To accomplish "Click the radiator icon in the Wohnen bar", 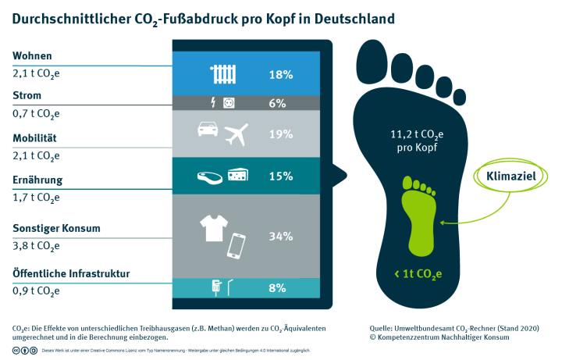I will (x=223, y=74).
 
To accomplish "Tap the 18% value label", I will (x=281, y=75).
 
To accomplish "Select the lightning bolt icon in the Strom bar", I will (x=215, y=102).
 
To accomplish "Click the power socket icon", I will (x=229, y=102).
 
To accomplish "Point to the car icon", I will (x=208, y=130).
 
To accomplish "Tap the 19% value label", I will (x=281, y=134).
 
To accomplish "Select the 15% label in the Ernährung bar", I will (x=281, y=176).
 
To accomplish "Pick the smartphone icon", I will (x=237, y=247).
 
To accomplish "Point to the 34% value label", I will (x=281, y=236).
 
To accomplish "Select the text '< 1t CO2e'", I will (x=419, y=273).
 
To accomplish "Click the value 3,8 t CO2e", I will (x=36, y=245).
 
